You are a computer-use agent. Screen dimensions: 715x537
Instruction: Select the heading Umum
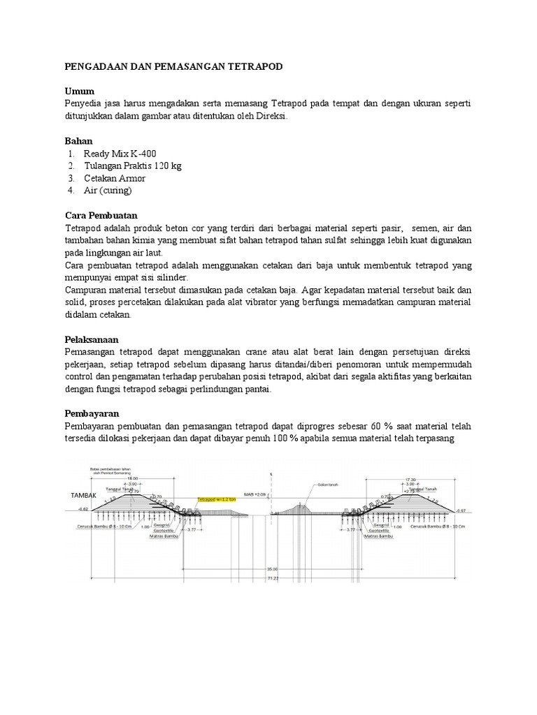pyautogui.click(x=79, y=91)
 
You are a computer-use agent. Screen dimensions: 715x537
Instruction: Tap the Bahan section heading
pyautogui.click(x=78, y=141)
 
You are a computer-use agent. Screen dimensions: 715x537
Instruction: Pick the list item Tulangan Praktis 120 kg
pyautogui.click(x=133, y=165)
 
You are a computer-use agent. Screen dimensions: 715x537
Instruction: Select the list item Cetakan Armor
pyautogui.click(x=115, y=178)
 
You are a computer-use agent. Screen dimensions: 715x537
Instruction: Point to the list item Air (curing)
pyautogui.click(x=108, y=190)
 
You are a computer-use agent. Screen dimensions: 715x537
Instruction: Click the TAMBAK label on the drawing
pyautogui.click(x=83, y=494)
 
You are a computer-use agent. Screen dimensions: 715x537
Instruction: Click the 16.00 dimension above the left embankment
pyautogui.click(x=132, y=478)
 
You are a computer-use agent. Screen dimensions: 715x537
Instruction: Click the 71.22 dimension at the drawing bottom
pyautogui.click(x=273, y=578)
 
